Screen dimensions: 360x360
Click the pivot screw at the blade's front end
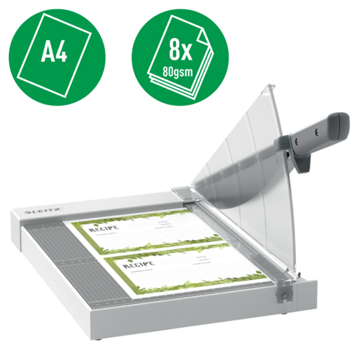(281, 292)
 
